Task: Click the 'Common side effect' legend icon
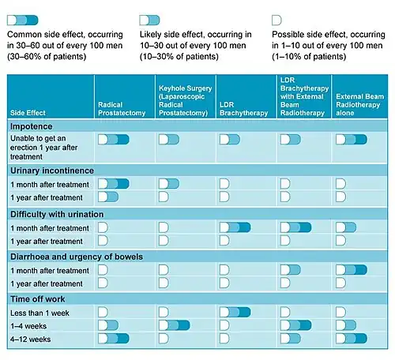coord(23,21)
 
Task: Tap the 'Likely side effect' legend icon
coord(149,21)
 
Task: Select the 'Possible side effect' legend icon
coord(276,21)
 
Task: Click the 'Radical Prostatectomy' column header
coord(122,109)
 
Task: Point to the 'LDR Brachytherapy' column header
coord(243,109)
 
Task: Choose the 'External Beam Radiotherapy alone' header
coord(359,105)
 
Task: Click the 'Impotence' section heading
coord(32,126)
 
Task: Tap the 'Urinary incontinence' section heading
coord(52,171)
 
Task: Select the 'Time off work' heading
coord(38,299)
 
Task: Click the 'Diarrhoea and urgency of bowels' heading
coord(77,257)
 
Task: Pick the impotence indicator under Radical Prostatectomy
coord(114,140)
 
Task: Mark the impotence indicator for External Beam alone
coord(352,140)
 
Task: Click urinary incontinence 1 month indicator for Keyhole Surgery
coord(169,184)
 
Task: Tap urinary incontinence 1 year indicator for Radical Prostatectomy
coord(108,197)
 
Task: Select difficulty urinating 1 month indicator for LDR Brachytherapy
coord(235,227)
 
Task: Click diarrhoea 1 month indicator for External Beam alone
coord(352,270)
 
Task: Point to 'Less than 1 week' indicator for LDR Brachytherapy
coord(235,312)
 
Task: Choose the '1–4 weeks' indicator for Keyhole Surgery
coord(175,325)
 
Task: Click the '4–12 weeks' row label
coord(30,339)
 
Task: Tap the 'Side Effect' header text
coord(28,113)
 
